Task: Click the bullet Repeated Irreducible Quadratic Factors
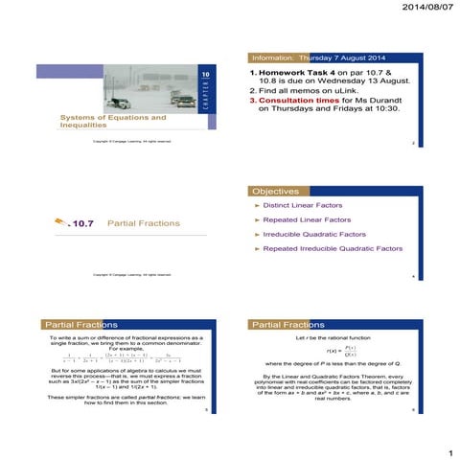pos(334,248)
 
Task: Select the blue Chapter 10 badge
pos(204,86)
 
